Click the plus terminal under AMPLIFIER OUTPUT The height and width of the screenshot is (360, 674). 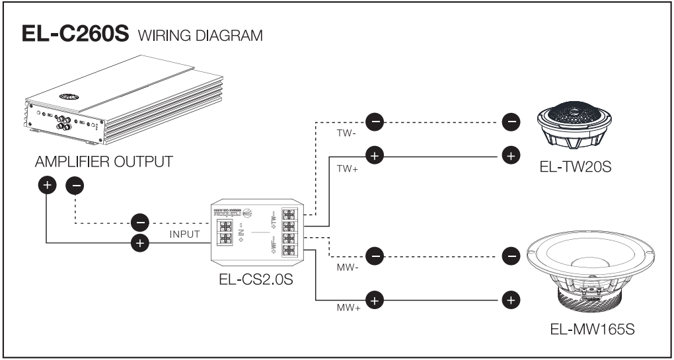[46, 186]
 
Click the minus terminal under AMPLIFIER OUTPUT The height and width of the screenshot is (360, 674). [77, 186]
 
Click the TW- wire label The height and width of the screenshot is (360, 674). [346, 133]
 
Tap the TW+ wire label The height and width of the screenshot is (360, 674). [348, 168]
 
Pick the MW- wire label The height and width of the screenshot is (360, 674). [348, 268]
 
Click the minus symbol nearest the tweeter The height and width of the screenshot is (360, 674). [510, 121]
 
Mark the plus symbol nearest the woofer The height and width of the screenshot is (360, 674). [510, 301]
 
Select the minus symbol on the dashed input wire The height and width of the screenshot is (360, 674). [139, 221]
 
